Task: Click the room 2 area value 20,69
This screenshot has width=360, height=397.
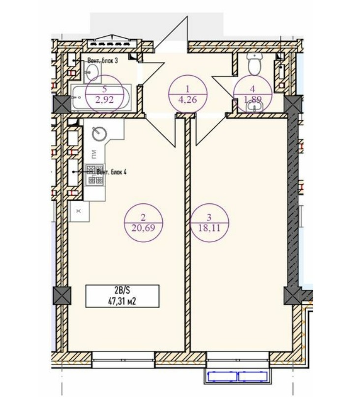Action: tap(144, 228)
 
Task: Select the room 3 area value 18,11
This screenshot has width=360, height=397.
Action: tap(209, 228)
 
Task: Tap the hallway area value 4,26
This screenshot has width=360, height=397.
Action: tap(188, 100)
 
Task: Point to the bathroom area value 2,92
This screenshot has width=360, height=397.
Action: tap(104, 100)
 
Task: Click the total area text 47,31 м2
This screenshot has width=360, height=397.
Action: tap(122, 301)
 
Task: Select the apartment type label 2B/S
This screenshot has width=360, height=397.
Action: tap(122, 290)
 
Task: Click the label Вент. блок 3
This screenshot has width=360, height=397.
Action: tap(103, 61)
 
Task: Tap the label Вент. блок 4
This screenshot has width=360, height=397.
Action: tap(112, 172)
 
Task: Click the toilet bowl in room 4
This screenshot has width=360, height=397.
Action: tap(254, 64)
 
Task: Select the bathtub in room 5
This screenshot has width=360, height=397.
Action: tap(101, 97)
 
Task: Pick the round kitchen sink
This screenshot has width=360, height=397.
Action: tap(99, 134)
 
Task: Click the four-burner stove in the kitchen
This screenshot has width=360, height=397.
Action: tap(94, 175)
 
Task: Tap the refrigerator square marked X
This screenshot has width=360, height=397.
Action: tap(79, 211)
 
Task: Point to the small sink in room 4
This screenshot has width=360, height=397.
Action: tap(254, 107)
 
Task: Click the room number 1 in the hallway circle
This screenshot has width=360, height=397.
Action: tap(188, 89)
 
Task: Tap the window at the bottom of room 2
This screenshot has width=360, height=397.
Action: tap(123, 360)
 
